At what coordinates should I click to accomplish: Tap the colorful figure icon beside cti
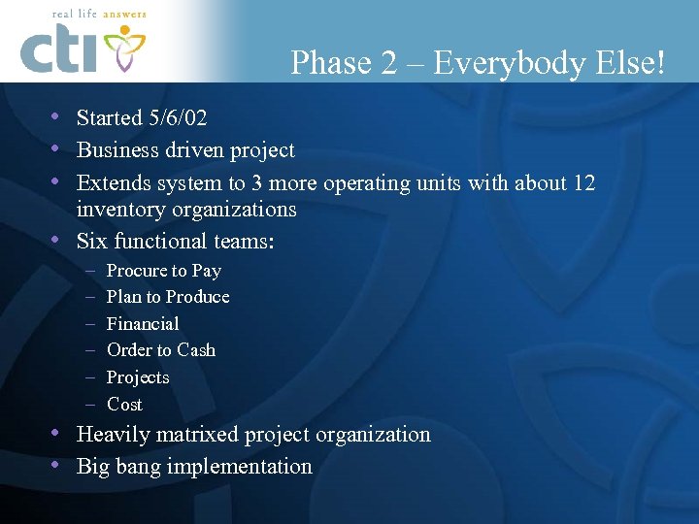click(124, 49)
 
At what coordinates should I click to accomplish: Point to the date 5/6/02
click(177, 118)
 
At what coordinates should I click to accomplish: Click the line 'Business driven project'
click(185, 150)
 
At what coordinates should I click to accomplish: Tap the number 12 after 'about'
click(583, 182)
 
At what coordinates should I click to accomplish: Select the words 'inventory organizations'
click(186, 209)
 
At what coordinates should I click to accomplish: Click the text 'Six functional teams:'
click(176, 241)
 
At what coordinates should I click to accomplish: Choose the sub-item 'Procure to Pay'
click(163, 271)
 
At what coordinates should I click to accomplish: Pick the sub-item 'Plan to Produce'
click(168, 297)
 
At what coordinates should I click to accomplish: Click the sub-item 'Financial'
click(143, 324)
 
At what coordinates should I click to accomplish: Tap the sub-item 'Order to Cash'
click(161, 350)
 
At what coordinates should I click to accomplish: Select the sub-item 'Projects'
click(138, 377)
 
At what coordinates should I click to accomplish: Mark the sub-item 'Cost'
click(124, 405)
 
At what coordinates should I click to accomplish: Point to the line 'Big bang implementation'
click(194, 467)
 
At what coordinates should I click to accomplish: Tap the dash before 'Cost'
click(88, 405)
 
